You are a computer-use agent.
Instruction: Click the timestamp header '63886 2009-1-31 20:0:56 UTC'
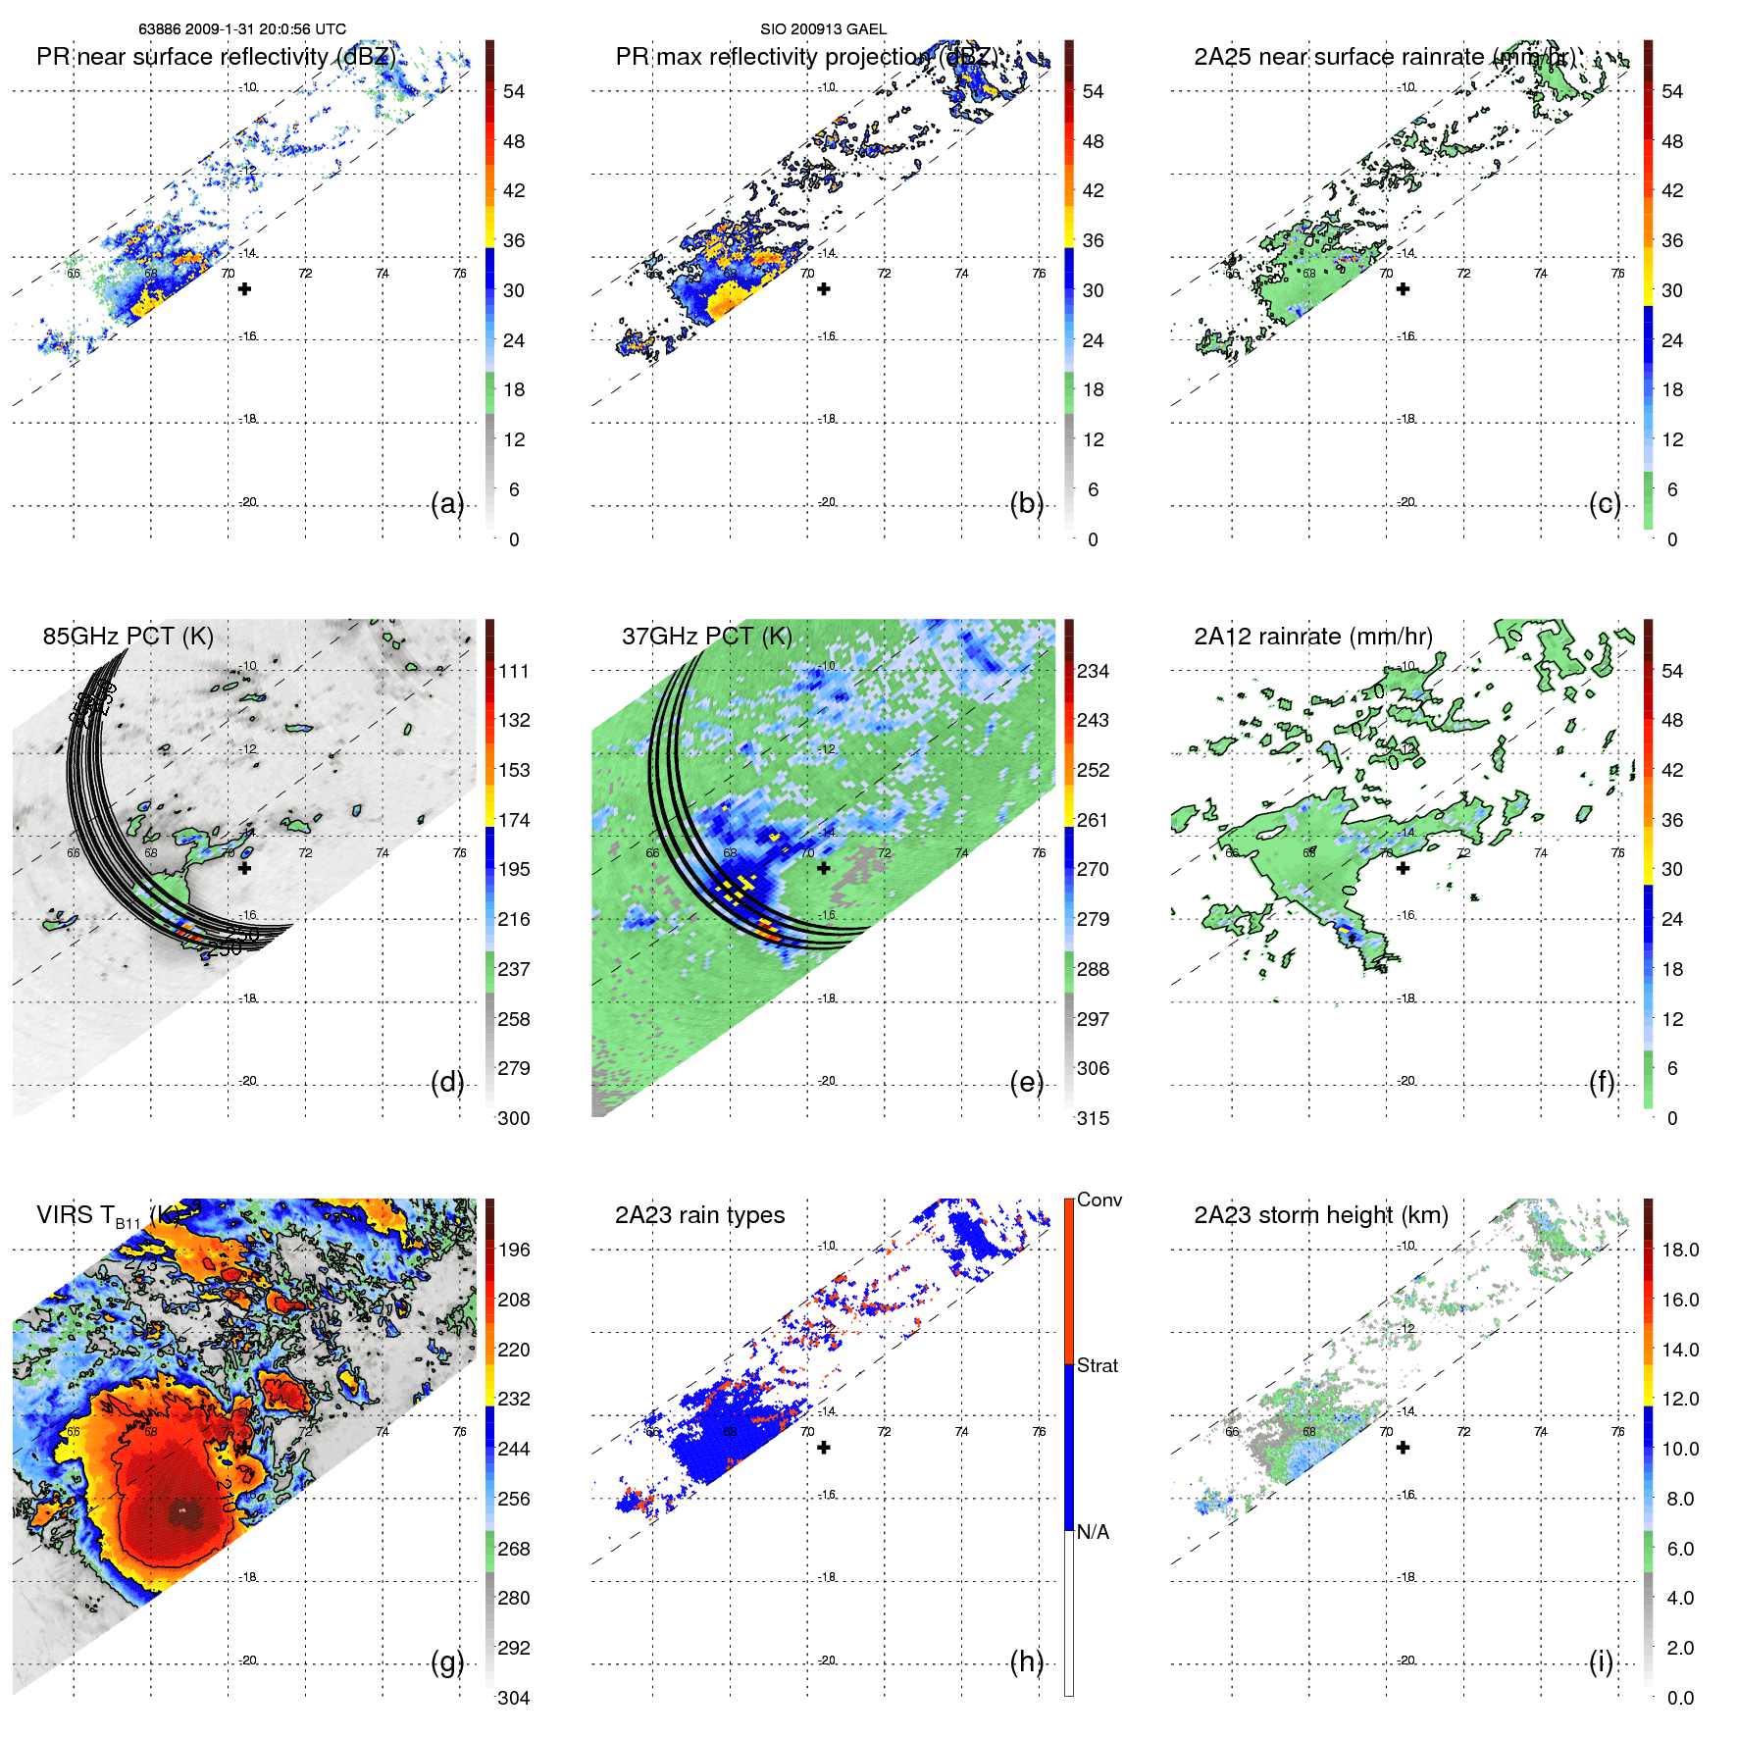pyautogui.click(x=242, y=29)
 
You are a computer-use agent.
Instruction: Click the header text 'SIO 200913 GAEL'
pyautogui.click(x=823, y=29)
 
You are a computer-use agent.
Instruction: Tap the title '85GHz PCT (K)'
pyautogui.click(x=128, y=636)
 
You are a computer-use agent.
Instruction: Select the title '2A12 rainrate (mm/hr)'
pyautogui.click(x=1312, y=636)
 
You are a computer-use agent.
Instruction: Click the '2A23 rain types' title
pyautogui.click(x=699, y=1215)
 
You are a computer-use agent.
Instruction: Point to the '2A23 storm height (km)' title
pyautogui.click(x=1320, y=1215)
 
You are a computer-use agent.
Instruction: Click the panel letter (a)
pyautogui.click(x=447, y=503)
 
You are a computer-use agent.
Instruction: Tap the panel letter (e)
pyautogui.click(x=1027, y=1082)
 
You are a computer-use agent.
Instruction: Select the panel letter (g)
pyautogui.click(x=447, y=1661)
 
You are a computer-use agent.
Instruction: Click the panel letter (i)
pyautogui.click(x=1601, y=1661)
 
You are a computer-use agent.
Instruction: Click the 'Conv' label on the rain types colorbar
pyautogui.click(x=1098, y=1200)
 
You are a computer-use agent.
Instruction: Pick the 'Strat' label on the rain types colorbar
pyautogui.click(x=1097, y=1365)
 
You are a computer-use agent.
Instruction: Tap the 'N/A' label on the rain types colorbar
pyautogui.click(x=1093, y=1532)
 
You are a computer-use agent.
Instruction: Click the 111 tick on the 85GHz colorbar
pyautogui.click(x=514, y=671)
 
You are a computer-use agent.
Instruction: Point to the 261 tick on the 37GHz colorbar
pyautogui.click(x=1093, y=820)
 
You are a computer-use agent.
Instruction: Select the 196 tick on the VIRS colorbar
pyautogui.click(x=514, y=1250)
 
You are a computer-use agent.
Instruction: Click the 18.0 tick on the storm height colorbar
pyautogui.click(x=1679, y=1250)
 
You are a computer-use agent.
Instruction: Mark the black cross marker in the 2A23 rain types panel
pyautogui.click(x=824, y=1448)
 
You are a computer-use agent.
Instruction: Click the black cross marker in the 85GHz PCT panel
pyautogui.click(x=245, y=868)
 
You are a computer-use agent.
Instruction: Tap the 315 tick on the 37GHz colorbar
pyautogui.click(x=1093, y=1118)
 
